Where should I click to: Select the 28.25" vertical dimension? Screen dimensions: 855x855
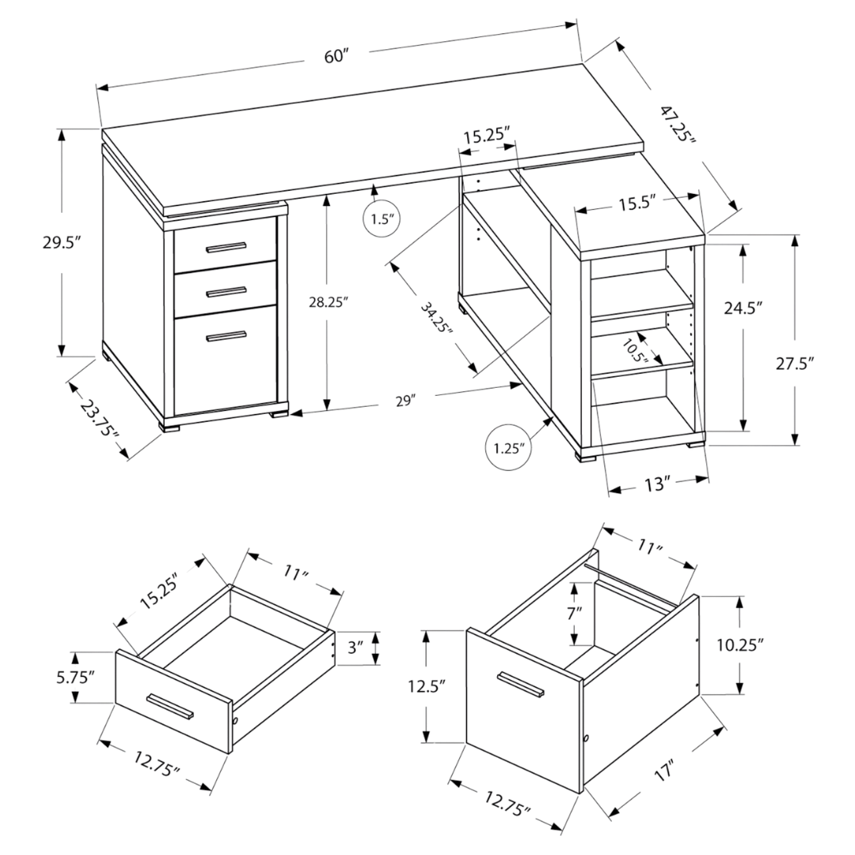pos(326,301)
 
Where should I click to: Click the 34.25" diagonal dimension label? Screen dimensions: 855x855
pos(436,317)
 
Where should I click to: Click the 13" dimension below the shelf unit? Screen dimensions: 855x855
pos(656,483)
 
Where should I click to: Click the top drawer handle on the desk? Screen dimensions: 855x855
pos(226,248)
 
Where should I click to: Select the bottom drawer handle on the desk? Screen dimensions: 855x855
pos(226,338)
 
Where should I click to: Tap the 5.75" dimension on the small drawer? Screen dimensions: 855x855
pos(75,677)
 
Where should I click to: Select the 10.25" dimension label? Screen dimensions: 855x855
pos(739,644)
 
